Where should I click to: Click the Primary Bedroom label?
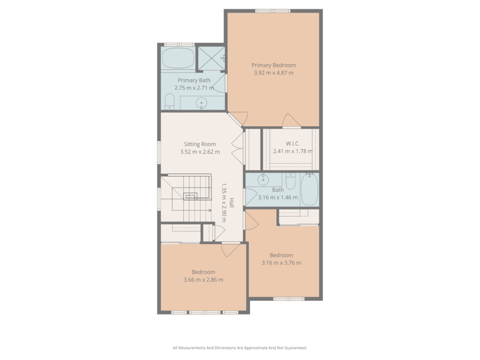click(274, 65)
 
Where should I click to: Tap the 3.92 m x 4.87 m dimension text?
click(274, 73)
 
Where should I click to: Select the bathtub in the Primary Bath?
click(178, 58)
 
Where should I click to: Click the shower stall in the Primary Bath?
click(211, 58)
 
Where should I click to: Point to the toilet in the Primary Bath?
click(170, 101)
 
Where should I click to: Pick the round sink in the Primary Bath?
click(202, 103)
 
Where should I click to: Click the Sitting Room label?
click(200, 144)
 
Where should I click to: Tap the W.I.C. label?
click(292, 143)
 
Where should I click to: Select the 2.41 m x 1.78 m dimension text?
click(293, 151)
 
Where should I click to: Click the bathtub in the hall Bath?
click(310, 189)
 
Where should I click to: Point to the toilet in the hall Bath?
click(291, 181)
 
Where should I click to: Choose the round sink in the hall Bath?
click(263, 180)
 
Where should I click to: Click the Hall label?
click(232, 202)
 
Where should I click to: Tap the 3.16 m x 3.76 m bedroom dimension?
click(281, 263)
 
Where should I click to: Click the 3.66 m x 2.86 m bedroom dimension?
click(203, 280)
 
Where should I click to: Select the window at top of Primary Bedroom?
click(273, 11)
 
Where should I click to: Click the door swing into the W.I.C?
click(292, 120)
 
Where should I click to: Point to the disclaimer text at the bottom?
click(240, 348)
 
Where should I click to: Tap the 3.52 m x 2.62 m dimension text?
click(200, 152)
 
